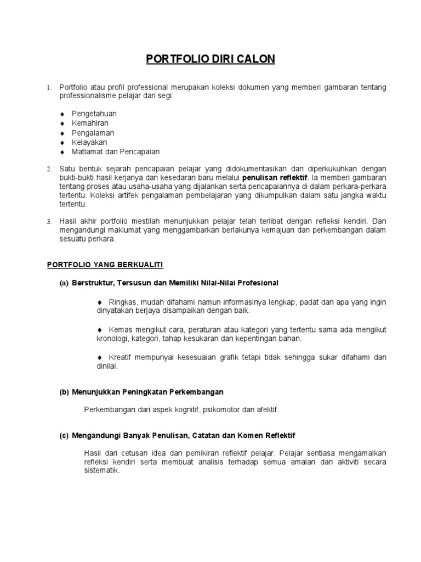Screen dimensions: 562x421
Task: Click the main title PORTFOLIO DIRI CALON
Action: (x=210, y=59)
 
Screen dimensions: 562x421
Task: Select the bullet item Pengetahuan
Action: (x=94, y=114)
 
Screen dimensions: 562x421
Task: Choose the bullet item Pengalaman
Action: (x=93, y=133)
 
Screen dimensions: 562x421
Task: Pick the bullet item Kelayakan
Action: (x=89, y=142)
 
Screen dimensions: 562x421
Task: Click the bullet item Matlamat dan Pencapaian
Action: (x=116, y=151)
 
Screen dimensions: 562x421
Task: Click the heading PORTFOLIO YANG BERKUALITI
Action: (x=105, y=265)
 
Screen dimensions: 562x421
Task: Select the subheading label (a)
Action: (x=64, y=283)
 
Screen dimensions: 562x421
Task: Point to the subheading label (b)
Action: (x=64, y=392)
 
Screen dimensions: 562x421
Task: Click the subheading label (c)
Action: (x=64, y=435)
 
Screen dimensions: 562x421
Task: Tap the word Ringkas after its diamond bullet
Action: (x=122, y=302)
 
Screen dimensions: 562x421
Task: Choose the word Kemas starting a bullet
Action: (x=120, y=330)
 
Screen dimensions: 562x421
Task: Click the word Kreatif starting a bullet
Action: (x=122, y=357)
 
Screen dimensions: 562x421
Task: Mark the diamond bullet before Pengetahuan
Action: (x=62, y=114)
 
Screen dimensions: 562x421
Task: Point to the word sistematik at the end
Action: (x=101, y=470)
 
